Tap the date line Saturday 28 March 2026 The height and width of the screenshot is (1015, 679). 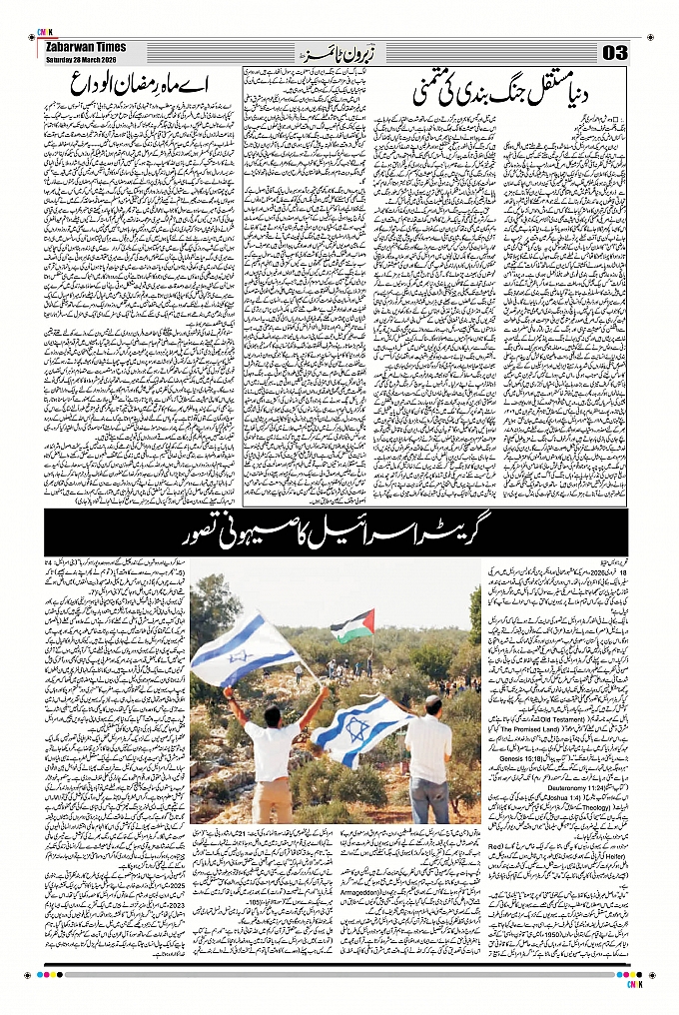82,57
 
